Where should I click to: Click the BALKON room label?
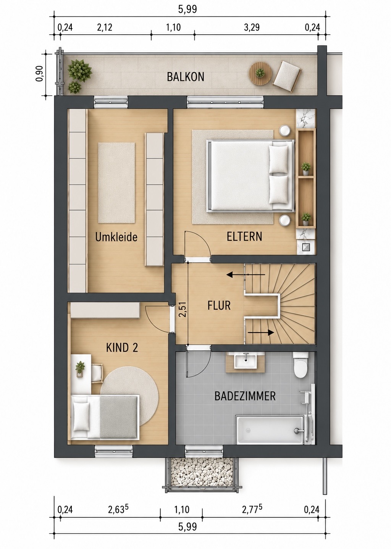pos(186,77)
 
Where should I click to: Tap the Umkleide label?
pos(116,237)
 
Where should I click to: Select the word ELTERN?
pos(244,236)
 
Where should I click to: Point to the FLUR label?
pos(219,305)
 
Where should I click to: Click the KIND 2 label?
pos(122,347)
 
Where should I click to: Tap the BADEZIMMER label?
pos(245,396)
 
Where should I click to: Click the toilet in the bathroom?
pos(300,365)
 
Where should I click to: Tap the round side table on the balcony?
pos(260,73)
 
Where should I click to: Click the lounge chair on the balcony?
pos(287,76)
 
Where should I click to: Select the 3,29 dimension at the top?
pos(252,27)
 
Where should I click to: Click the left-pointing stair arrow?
pos(246,275)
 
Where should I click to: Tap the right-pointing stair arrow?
pos(261,333)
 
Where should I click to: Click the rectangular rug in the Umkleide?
pos(117,183)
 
